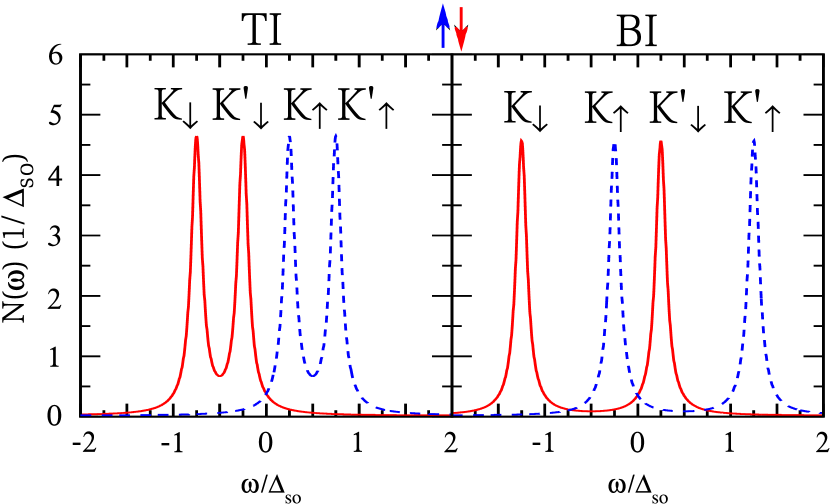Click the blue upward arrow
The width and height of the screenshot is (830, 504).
[443, 26]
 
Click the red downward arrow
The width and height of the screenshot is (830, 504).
[461, 28]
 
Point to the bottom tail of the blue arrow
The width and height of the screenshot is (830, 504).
[443, 47]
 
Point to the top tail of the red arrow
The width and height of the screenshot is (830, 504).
[461, 8]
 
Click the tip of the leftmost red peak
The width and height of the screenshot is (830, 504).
[197, 137]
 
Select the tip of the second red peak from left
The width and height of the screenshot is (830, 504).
[243, 137]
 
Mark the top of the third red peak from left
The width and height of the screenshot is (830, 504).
[521, 139]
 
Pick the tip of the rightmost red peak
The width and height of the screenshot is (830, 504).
[660, 141]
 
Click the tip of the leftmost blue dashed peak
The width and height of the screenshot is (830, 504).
[290, 136]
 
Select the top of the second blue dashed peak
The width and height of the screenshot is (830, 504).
[336, 135]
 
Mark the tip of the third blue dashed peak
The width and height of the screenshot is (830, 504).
[614, 144]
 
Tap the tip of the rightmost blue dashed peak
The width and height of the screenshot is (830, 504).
[753, 139]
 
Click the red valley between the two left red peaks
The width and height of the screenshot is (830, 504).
[220, 376]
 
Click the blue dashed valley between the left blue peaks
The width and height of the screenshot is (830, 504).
[313, 376]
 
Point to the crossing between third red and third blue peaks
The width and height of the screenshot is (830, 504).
[568, 406]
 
